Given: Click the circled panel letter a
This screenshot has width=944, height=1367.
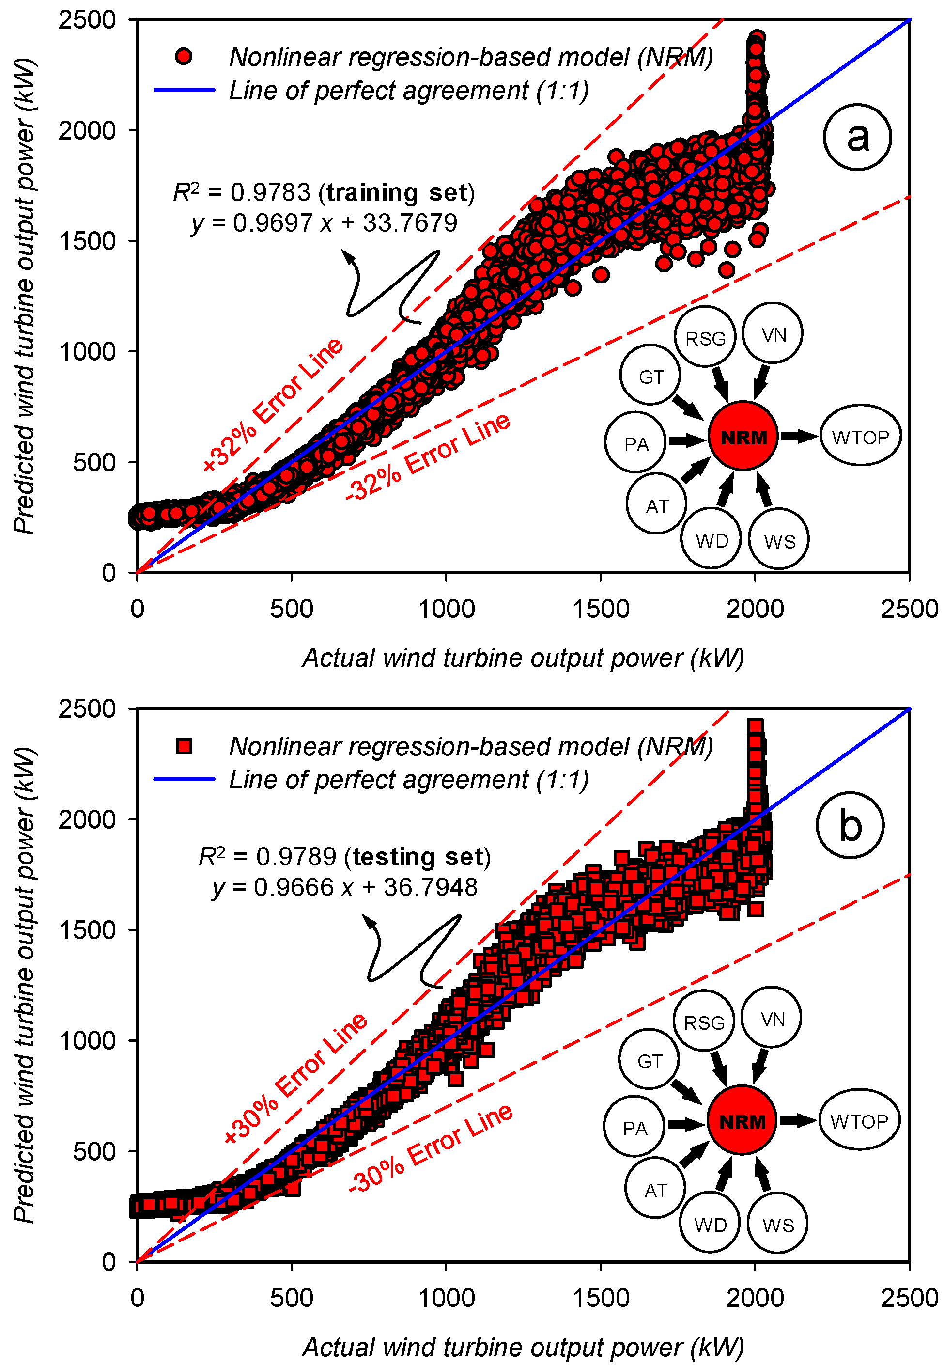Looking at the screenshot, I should (x=856, y=137).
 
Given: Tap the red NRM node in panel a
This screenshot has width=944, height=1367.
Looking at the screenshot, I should (x=743, y=437).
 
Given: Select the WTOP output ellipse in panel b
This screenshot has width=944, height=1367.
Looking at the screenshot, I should (x=859, y=1121).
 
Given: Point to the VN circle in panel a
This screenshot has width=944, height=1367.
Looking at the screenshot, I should (x=773, y=335).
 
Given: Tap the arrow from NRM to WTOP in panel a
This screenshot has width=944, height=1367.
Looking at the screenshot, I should (x=799, y=437).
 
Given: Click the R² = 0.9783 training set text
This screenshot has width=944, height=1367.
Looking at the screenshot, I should (x=324, y=193).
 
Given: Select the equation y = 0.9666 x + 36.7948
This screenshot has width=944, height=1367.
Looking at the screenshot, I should (x=345, y=888).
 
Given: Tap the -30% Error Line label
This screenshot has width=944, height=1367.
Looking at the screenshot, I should (x=431, y=1148).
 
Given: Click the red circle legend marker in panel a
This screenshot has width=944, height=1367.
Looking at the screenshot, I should (x=184, y=57).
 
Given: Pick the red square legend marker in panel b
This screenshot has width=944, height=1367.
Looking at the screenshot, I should (x=184, y=746).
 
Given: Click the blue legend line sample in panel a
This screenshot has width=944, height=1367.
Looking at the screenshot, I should (x=184, y=91).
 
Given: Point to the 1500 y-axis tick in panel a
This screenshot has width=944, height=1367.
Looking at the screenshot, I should (x=88, y=241).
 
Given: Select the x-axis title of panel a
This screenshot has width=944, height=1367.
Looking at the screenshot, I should (x=523, y=658).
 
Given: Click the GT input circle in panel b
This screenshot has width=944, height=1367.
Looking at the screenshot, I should (x=650, y=1061).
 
